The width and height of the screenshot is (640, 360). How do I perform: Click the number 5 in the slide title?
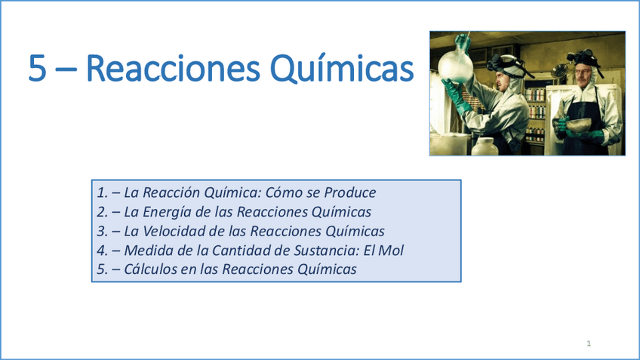37,68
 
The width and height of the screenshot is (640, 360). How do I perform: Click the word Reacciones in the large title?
173,68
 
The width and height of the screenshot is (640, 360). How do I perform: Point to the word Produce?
349,192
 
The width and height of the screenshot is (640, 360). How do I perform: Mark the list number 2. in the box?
102,212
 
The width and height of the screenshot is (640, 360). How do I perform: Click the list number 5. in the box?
102,269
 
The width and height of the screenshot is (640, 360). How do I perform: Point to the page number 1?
589,343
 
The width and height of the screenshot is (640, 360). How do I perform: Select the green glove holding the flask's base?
454,94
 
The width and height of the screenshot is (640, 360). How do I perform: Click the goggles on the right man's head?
583,57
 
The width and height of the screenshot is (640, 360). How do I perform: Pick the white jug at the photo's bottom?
485,147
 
